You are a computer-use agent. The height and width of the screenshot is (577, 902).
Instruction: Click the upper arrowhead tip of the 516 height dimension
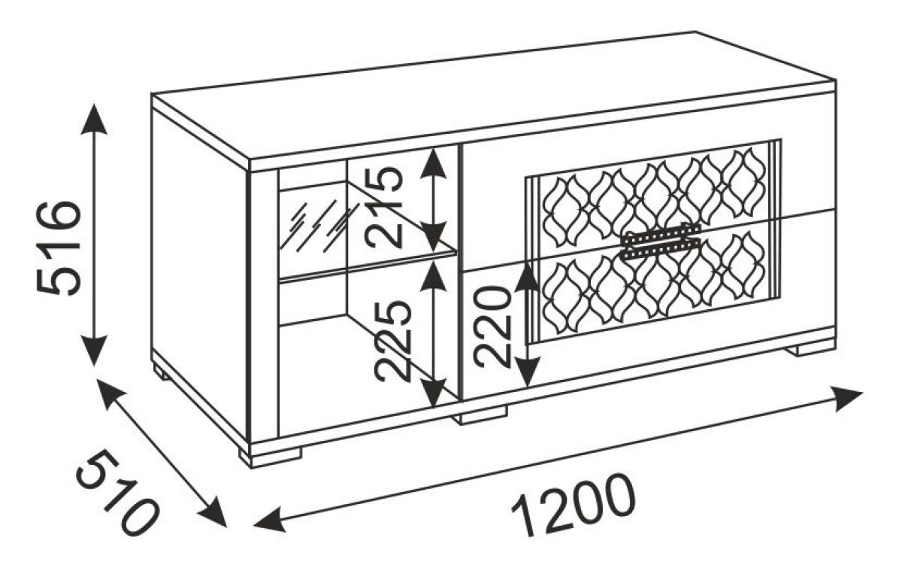(94, 104)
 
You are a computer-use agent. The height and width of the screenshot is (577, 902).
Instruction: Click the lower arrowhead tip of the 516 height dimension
(94, 366)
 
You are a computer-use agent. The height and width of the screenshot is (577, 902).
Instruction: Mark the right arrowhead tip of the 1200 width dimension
(863, 392)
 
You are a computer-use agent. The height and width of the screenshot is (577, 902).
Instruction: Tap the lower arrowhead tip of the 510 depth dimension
(226, 527)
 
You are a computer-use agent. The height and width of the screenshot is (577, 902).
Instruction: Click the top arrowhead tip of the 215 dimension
(433, 147)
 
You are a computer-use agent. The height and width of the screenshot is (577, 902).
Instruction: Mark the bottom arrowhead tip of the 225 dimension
(433, 407)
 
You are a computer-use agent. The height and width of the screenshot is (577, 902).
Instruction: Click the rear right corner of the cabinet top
(836, 80)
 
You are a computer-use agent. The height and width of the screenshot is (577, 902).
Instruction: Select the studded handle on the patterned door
(660, 241)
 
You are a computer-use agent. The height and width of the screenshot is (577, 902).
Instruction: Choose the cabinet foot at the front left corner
(270, 459)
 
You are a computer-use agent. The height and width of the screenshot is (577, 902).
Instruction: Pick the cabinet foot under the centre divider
(480, 415)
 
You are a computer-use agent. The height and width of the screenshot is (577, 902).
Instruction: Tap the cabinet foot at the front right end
(810, 349)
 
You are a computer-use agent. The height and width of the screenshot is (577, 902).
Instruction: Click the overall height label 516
(59, 248)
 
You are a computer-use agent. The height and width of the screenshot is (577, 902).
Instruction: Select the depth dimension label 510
(117, 493)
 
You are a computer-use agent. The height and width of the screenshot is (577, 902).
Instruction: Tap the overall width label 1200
(574, 506)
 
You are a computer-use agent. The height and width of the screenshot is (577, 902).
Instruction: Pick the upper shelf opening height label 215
(383, 207)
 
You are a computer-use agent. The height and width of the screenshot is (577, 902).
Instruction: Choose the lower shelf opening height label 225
(392, 342)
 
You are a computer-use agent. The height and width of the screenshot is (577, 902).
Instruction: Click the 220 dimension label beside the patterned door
(492, 326)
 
